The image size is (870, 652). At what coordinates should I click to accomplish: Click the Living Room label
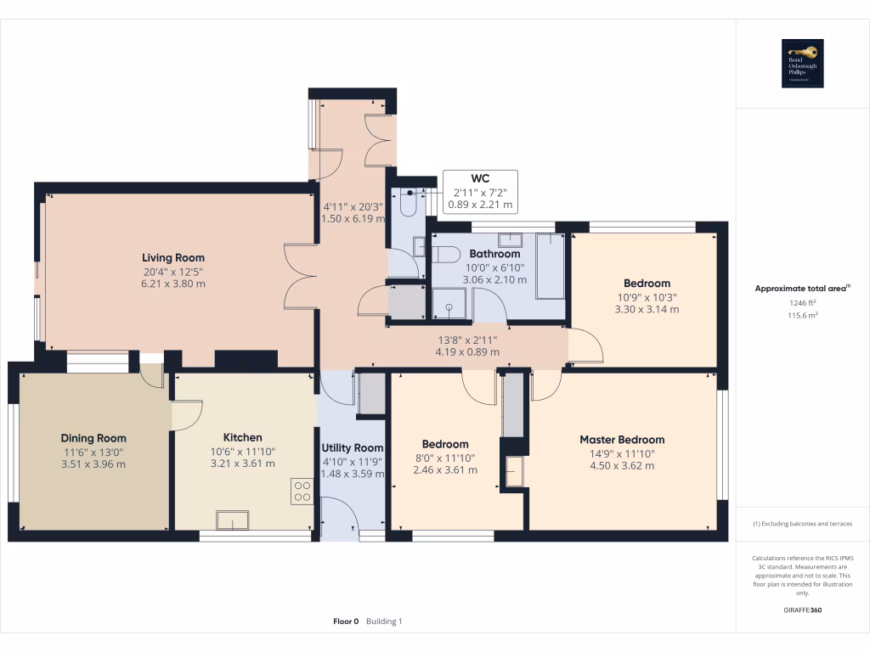[x=172, y=257]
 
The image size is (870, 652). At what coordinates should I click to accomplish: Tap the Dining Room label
[x=93, y=438]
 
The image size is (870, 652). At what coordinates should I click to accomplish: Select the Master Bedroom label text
[x=622, y=440]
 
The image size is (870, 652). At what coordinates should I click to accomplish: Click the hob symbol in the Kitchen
[x=302, y=491]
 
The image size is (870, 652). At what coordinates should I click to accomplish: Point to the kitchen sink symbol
[x=232, y=520]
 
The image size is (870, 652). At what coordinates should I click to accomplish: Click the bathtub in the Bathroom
[x=551, y=266]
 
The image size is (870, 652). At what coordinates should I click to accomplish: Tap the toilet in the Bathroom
[x=445, y=253]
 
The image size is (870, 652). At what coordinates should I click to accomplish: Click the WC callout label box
[x=480, y=192]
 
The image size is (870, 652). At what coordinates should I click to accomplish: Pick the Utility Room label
[x=352, y=447]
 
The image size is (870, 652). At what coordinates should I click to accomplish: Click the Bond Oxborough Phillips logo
[x=803, y=64]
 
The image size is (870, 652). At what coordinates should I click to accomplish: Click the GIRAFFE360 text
[x=803, y=610]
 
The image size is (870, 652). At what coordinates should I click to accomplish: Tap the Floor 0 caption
[x=346, y=621]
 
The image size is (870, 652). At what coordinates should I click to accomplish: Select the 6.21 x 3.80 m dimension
[x=173, y=284]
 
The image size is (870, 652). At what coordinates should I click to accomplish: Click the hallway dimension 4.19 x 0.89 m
[x=466, y=351]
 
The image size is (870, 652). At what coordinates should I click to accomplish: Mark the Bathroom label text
[x=494, y=254]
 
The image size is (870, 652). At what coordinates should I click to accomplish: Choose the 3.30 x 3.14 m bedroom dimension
[x=647, y=309]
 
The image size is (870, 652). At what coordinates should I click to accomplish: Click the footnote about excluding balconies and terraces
[x=803, y=524]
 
